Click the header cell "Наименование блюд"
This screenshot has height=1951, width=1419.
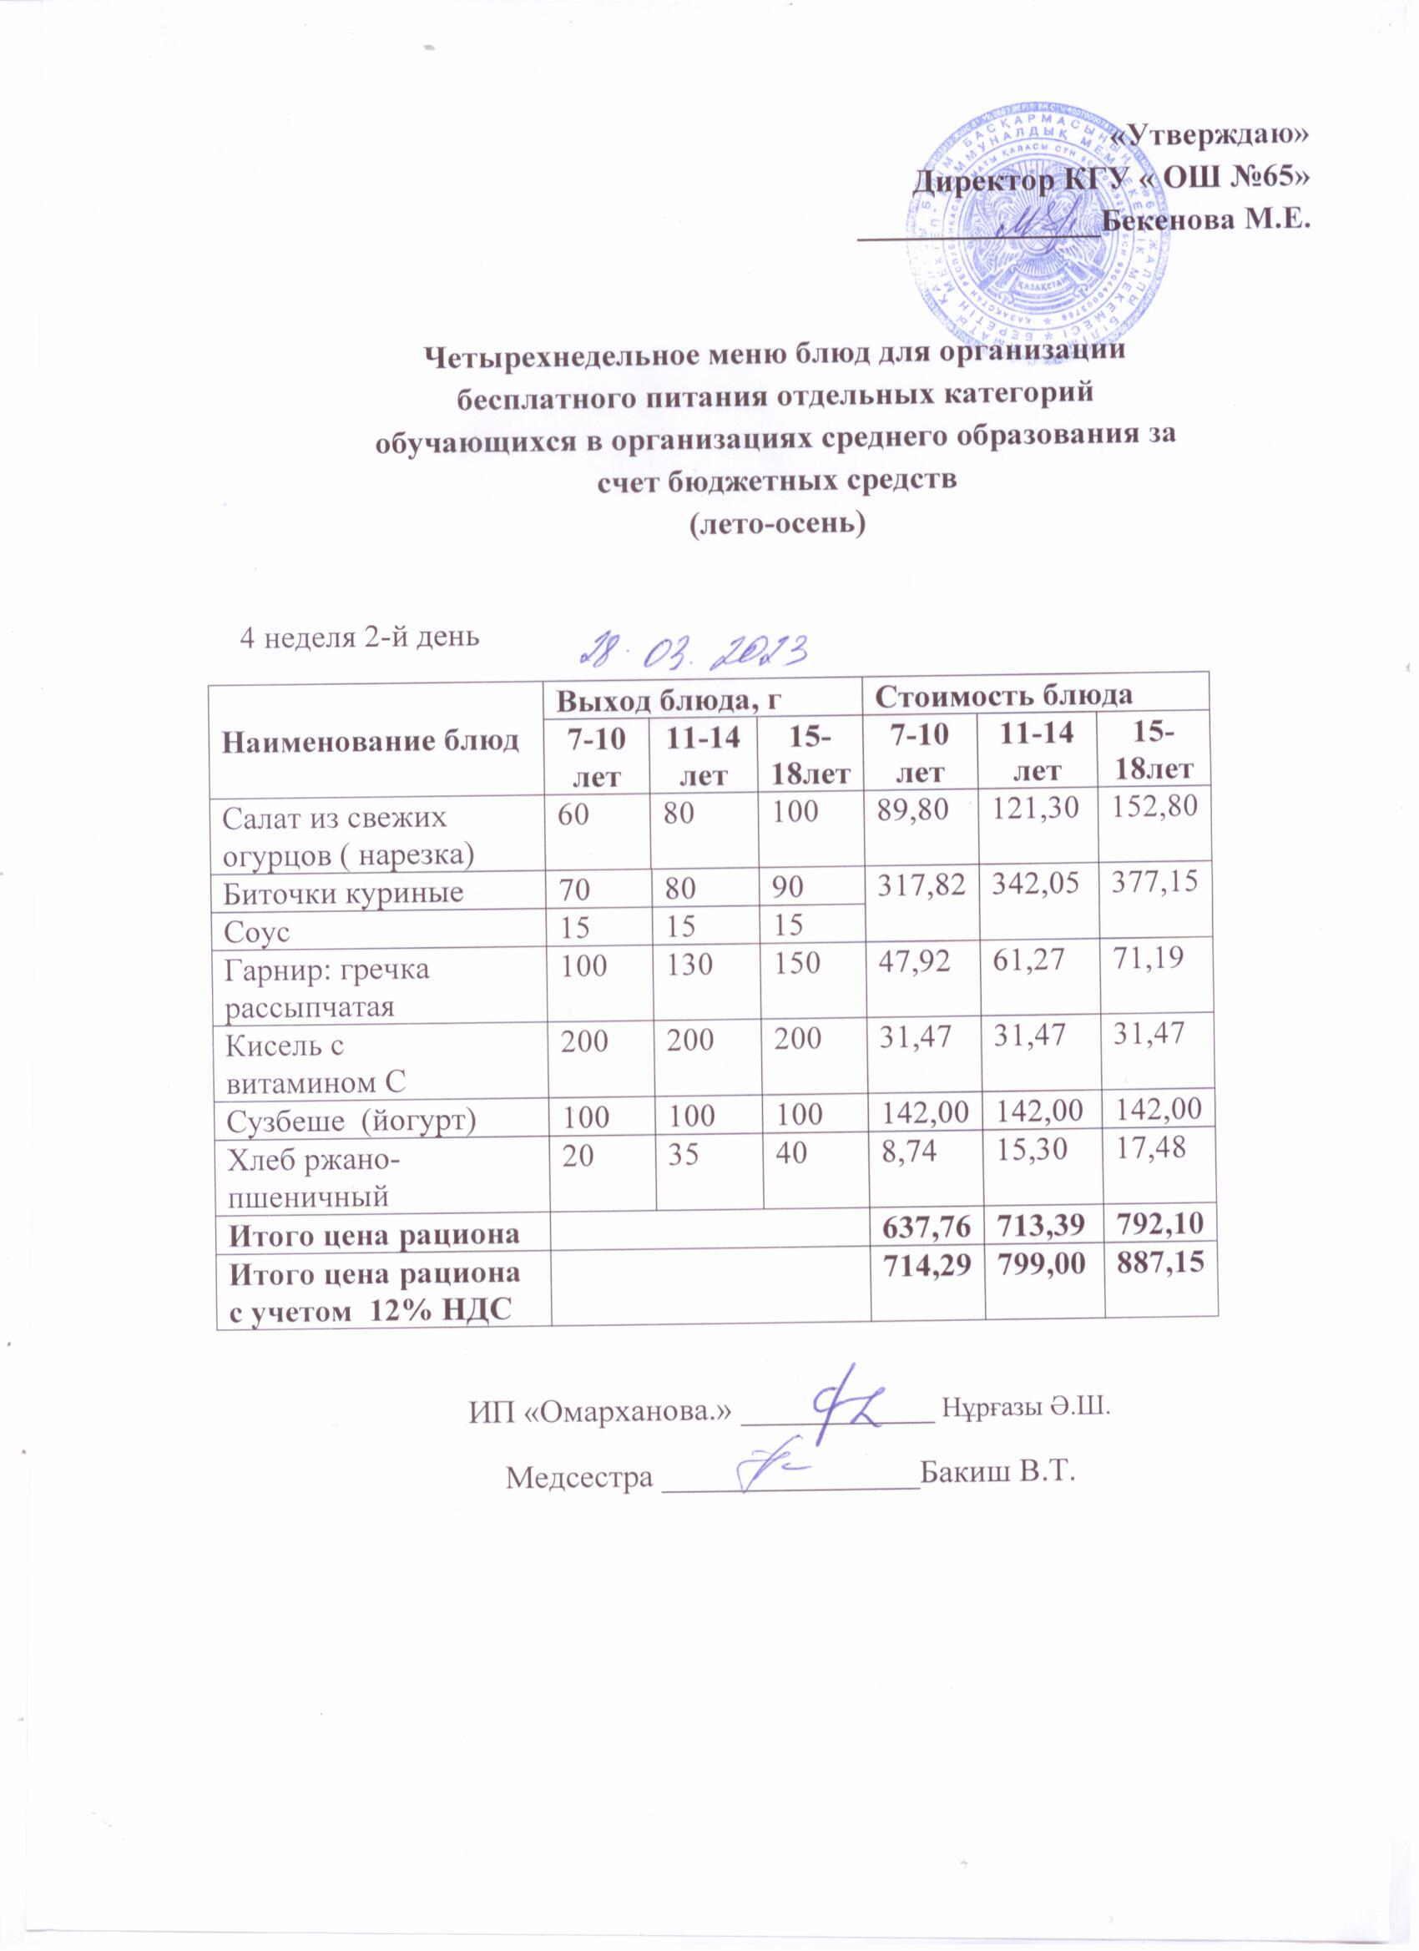pos(371,742)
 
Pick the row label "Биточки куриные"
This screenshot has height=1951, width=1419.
pos(343,892)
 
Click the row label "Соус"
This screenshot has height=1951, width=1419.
pos(255,931)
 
